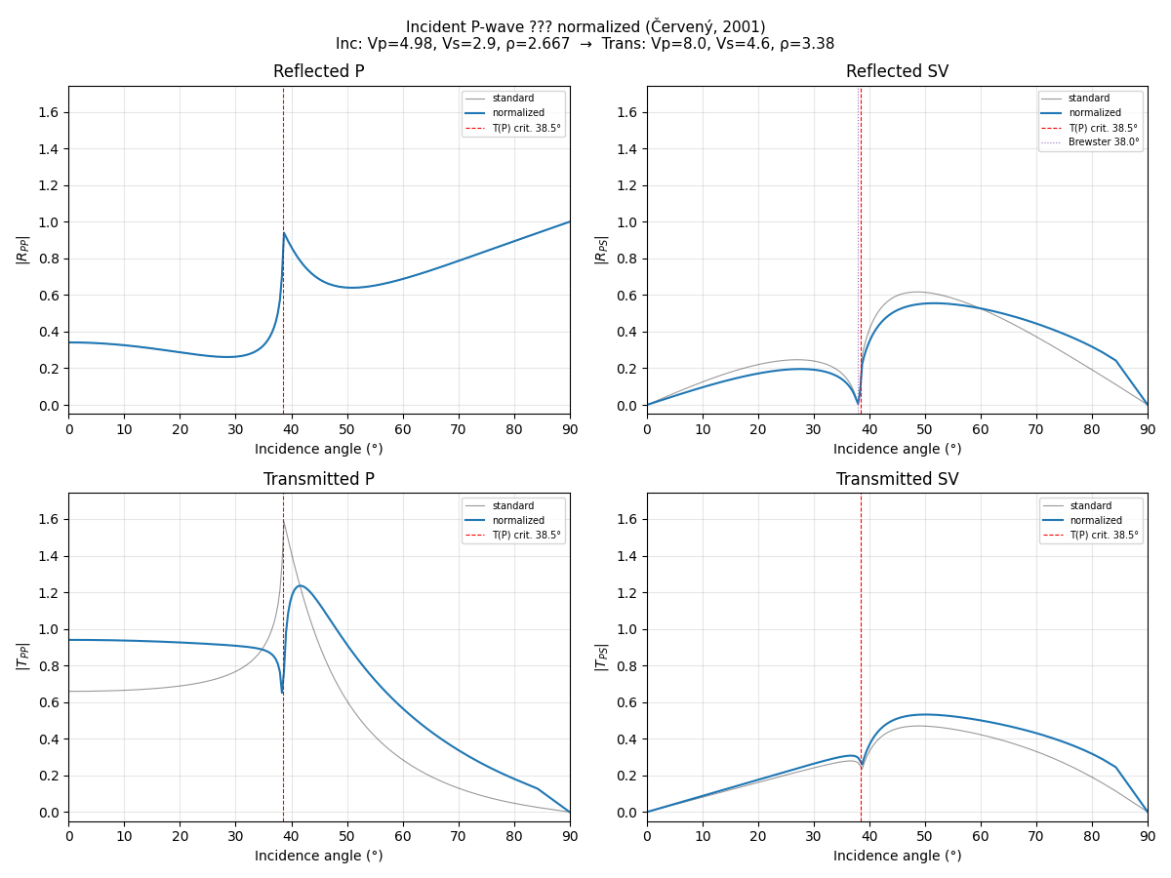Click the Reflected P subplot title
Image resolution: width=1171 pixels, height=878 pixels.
coord(318,72)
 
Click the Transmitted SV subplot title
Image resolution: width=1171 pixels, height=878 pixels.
coord(897,480)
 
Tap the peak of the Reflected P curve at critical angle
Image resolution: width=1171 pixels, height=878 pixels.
coord(284,233)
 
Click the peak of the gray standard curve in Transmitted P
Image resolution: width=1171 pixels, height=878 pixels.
coord(283,521)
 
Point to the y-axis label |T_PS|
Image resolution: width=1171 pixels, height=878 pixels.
coord(602,657)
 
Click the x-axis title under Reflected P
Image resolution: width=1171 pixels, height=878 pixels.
coord(318,450)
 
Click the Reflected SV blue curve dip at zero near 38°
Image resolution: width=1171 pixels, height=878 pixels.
coord(858,402)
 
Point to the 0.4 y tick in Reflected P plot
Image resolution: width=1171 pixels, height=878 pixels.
coord(49,332)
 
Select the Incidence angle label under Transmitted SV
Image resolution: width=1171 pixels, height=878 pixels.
coord(897,857)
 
